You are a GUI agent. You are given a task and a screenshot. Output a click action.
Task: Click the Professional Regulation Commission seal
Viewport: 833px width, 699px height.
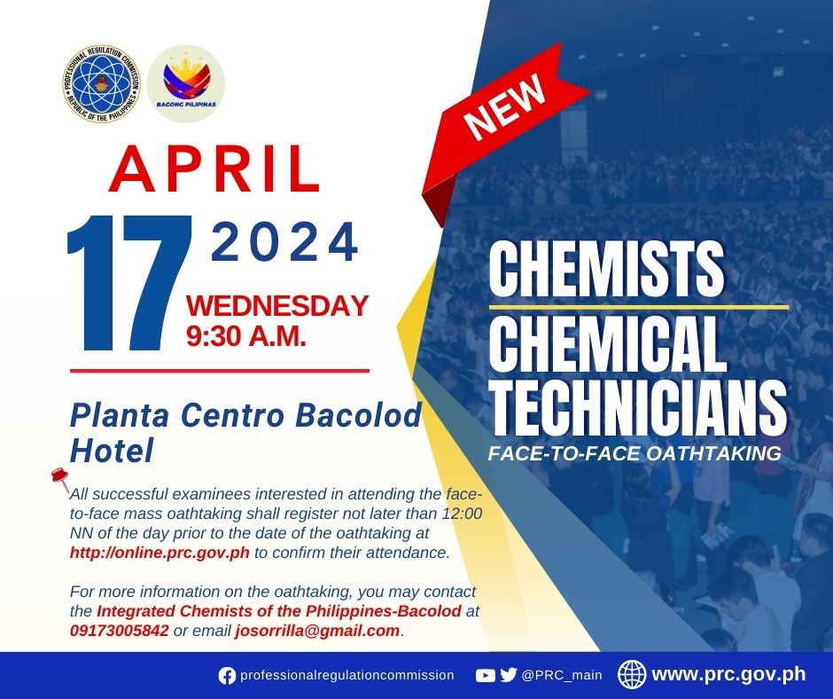[101, 83]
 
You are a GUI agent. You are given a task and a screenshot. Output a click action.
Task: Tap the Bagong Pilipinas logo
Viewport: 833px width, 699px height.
[186, 83]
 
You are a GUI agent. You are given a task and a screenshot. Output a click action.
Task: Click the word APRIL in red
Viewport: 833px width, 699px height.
[215, 169]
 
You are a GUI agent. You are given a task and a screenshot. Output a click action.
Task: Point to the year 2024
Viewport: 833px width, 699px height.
[285, 242]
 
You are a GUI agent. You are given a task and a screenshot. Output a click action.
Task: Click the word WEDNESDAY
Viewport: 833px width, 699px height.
[276, 306]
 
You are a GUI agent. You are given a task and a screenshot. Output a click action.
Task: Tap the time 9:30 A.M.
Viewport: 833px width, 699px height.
[246, 335]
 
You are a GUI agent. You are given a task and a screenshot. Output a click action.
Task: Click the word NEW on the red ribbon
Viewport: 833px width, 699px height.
[505, 106]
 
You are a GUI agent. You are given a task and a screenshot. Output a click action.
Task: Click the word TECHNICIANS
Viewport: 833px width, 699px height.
[637, 406]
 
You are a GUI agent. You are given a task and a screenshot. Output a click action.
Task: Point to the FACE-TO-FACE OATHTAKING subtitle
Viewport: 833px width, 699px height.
[634, 453]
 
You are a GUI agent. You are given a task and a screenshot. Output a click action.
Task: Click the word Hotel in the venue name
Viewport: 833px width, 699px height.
[112, 451]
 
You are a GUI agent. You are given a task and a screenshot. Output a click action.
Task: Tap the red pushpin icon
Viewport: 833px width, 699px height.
[60, 479]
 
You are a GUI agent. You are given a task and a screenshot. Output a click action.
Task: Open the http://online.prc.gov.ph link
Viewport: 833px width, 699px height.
[160, 553]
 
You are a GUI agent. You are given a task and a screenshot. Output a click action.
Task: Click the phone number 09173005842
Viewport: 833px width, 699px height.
[120, 631]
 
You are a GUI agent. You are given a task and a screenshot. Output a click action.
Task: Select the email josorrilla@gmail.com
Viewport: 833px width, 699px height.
[317, 631]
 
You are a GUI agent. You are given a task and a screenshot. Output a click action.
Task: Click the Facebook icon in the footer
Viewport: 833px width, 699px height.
[227, 676]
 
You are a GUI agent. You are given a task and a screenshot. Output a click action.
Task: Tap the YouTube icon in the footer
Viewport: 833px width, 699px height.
[485, 676]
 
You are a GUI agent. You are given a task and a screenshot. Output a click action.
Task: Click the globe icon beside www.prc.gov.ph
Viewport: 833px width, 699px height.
[632, 675]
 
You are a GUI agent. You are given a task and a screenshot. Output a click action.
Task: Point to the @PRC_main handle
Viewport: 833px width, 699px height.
[562, 676]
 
